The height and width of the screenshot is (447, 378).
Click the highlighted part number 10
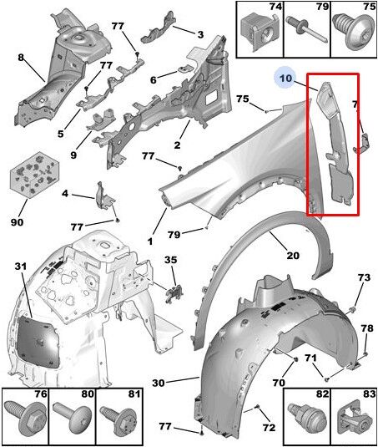coord(285,78)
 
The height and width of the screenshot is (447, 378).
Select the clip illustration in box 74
coord(259,31)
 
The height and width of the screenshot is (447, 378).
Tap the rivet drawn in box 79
coord(306,29)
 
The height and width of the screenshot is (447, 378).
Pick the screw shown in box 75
coord(355,33)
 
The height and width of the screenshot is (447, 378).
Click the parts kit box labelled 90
coord(35,175)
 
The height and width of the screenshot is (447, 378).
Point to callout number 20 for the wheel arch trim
coord(293,255)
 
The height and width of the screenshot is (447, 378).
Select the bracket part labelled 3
coord(157,28)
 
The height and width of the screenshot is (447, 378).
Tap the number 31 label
coord(21,267)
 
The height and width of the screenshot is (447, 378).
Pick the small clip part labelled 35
coord(174,294)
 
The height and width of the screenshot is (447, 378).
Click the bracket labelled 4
coord(104,197)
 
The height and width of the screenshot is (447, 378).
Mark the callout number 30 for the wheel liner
coord(158,383)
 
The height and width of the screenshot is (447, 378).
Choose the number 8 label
coord(21,58)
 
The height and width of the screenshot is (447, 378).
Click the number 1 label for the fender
coord(150,241)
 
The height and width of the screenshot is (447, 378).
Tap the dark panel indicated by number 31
coord(38,342)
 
